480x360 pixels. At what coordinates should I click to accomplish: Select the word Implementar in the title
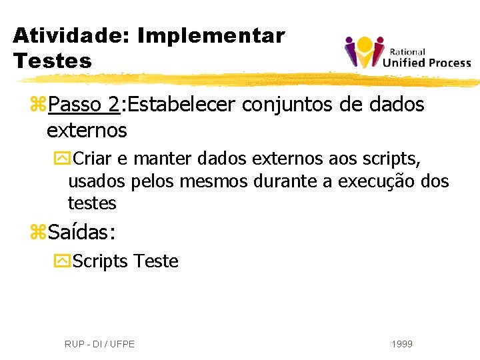pos(211,35)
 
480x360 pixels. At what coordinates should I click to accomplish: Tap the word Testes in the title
pos(52,61)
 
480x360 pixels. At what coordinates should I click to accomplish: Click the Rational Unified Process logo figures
pos(364,51)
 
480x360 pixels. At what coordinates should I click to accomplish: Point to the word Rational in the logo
pos(407,52)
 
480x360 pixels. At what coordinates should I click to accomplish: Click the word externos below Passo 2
pos(87,130)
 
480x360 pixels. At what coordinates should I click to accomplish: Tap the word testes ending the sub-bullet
pos(92,203)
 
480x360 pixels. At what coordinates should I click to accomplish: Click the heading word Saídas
pos(82,233)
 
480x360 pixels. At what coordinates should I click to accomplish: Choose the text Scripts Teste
pos(125,261)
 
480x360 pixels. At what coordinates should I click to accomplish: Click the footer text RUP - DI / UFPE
pos(99,344)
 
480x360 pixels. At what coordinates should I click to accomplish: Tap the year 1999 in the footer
pos(402,344)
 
